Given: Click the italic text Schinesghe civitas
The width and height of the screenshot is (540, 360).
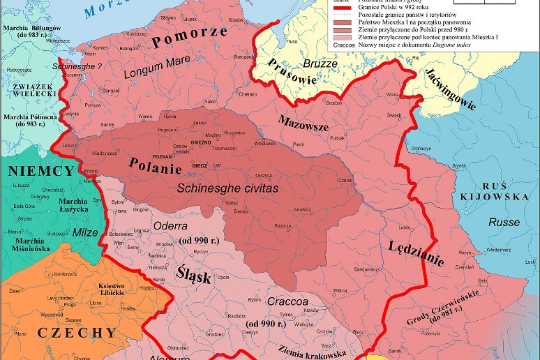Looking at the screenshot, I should click(x=227, y=188).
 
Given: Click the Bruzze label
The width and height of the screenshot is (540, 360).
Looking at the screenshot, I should click(x=320, y=63).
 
